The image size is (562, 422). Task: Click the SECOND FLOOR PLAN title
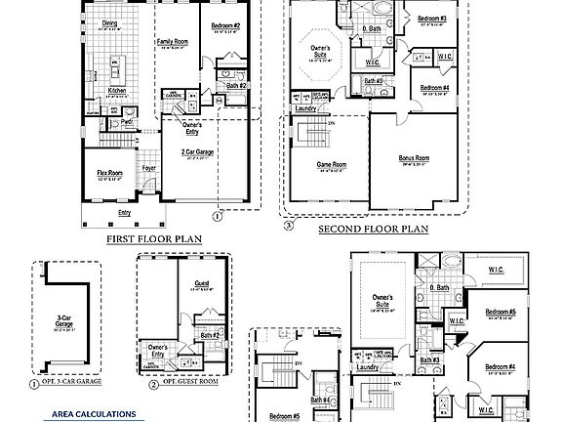tap(374, 230)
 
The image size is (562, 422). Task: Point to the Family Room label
tap(172, 42)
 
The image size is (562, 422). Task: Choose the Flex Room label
tap(108, 173)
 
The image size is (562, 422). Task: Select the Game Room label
tap(332, 164)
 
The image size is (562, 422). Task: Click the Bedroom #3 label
tap(431, 19)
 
